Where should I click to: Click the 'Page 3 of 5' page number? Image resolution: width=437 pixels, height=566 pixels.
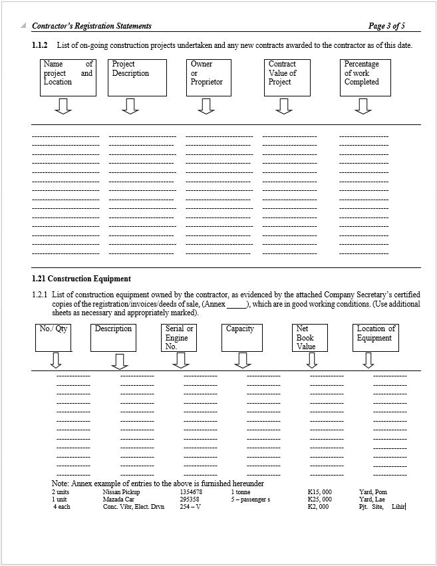tap(386, 26)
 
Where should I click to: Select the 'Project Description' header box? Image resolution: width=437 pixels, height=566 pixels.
tap(137, 77)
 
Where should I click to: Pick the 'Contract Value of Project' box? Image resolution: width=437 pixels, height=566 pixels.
tap(287, 77)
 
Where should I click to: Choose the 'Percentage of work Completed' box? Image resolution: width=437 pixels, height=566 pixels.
tap(364, 77)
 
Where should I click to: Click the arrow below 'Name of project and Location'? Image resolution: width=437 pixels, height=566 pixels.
tap(63, 106)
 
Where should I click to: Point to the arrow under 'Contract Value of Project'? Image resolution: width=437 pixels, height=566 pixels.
tap(285, 106)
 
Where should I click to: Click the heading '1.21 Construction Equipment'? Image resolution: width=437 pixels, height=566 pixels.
tap(81, 279)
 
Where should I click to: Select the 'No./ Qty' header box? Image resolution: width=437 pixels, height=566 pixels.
tap(53, 337)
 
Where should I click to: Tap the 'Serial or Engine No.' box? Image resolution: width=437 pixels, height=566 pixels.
tap(179, 337)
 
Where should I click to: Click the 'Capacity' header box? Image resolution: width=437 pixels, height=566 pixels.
tap(241, 337)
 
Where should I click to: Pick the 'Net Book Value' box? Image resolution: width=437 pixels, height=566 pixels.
tap(310, 337)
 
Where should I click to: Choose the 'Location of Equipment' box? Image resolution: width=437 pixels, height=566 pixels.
tap(376, 337)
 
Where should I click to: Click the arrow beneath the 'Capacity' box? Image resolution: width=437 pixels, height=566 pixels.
tap(243, 360)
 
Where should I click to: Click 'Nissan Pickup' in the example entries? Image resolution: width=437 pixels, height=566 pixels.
tap(122, 492)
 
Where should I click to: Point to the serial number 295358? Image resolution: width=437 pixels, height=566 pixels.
tap(190, 499)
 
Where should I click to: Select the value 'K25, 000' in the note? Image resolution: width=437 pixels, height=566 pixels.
tap(320, 499)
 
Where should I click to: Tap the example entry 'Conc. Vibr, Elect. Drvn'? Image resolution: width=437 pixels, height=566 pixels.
tap(134, 507)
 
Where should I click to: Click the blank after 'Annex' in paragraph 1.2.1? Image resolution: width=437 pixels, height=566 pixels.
tap(237, 304)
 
